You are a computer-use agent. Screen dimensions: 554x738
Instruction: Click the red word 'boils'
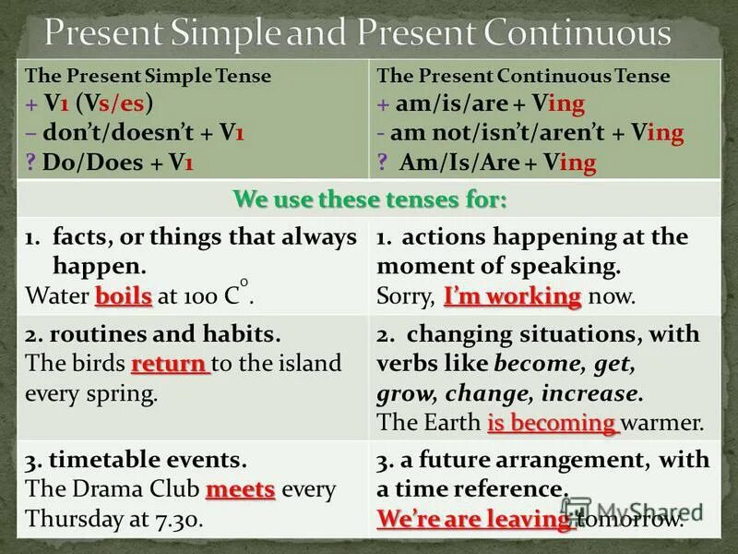point(123,297)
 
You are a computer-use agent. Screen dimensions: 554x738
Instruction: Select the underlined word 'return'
point(171,364)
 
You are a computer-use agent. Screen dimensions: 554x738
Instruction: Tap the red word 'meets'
point(241,489)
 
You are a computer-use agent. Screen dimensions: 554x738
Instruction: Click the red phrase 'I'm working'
point(512,297)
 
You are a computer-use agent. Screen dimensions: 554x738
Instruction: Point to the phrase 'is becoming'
point(552,424)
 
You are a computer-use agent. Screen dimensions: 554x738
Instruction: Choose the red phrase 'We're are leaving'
point(475,519)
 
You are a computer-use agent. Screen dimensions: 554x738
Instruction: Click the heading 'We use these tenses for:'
point(370,199)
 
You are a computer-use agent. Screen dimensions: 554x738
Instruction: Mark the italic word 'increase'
point(590,393)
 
